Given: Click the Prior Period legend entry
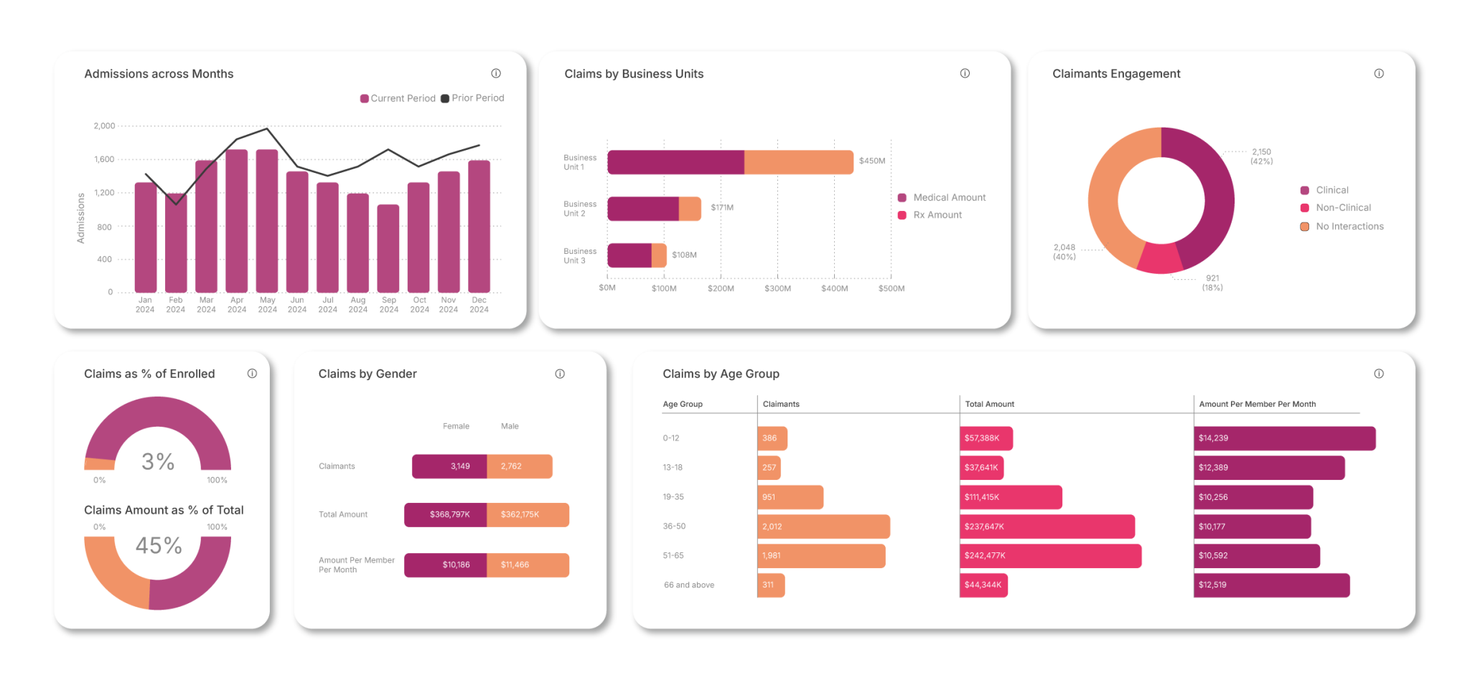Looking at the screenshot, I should tap(473, 98).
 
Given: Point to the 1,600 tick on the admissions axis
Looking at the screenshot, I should tap(104, 159).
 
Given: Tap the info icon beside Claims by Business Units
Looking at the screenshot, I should tap(965, 73).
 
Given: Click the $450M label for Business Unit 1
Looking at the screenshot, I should tap(872, 161).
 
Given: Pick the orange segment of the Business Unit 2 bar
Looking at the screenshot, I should tap(690, 209).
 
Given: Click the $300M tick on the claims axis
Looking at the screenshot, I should tap(777, 288).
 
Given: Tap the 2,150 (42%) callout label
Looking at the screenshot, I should tap(1261, 156).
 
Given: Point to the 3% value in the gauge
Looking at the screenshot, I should tap(158, 461).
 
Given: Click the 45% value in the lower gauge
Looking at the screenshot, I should tap(159, 546).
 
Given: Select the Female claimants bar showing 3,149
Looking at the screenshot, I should tap(449, 466).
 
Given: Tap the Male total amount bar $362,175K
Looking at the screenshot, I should tap(528, 515).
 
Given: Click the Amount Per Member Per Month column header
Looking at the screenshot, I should tap(1257, 405).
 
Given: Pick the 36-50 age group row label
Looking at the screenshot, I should tap(674, 526).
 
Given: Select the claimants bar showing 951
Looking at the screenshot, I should tap(790, 497).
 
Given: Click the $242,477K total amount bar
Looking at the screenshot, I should tap(1050, 556).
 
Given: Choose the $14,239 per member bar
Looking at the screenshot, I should tap(1284, 438).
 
